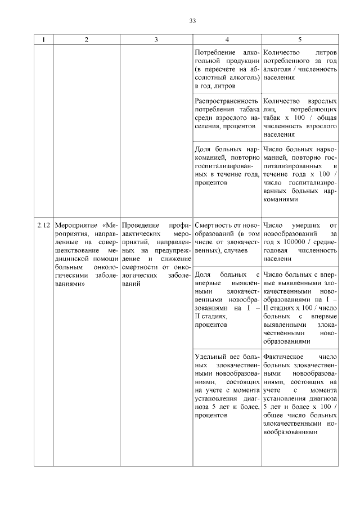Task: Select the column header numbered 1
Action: pyautogui.click(x=43, y=40)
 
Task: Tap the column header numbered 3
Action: pyautogui.click(x=156, y=40)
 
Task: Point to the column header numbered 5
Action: pyautogui.click(x=299, y=40)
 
